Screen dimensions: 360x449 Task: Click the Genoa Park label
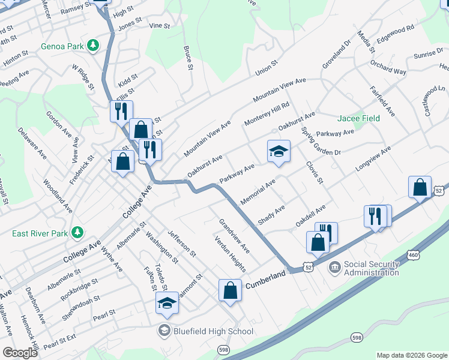click(62, 46)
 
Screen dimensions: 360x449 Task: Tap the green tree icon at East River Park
click(77, 232)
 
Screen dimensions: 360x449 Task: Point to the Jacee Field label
click(358, 118)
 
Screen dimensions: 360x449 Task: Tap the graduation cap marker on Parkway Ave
click(279, 151)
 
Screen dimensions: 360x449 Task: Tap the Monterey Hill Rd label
click(267, 114)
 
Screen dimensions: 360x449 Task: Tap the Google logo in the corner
click(20, 353)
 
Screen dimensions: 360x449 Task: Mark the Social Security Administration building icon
click(334, 265)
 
